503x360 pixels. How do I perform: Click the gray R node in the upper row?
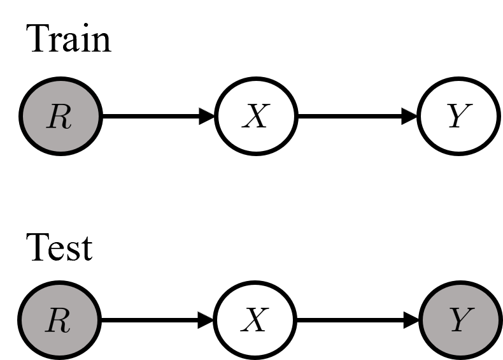tap(60, 116)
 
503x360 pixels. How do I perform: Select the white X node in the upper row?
tap(256, 116)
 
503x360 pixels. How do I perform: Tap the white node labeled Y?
tap(458, 116)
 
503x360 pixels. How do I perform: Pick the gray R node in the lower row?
tap(59, 320)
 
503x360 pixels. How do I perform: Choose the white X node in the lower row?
tap(255, 320)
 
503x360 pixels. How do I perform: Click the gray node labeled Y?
tap(460, 320)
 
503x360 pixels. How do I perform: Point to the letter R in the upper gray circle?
tap(59, 117)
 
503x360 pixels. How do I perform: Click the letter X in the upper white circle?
tap(255, 117)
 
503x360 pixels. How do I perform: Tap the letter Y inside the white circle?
tap(458, 117)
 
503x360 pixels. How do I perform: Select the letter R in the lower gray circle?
tap(58, 321)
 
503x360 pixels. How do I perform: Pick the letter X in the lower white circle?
tap(254, 321)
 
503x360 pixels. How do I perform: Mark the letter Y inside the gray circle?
tap(460, 321)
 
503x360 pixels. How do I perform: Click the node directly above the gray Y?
tap(458, 116)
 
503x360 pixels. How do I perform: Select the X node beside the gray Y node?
tap(255, 320)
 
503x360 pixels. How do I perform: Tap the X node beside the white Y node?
tap(256, 116)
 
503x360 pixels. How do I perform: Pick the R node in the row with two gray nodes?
tap(59, 320)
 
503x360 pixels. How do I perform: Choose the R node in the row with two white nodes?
tap(60, 116)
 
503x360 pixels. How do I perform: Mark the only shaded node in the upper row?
tap(60, 116)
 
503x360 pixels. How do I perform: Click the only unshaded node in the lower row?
tap(255, 320)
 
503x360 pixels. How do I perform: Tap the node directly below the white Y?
tap(460, 320)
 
